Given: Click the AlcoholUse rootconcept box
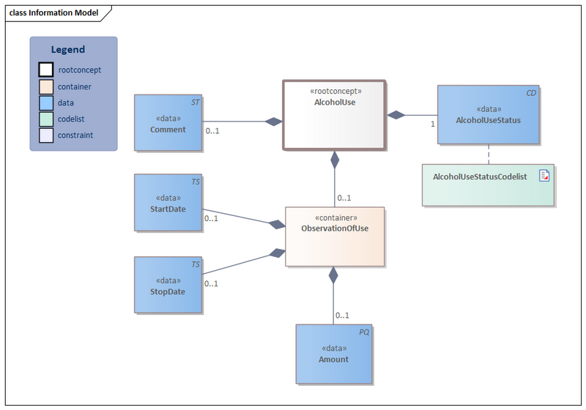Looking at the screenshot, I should (334, 114).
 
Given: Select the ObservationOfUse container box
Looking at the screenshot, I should (334, 236).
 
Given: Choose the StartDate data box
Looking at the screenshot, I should (167, 204).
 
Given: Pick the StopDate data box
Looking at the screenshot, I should (167, 286).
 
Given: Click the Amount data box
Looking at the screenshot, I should (333, 354).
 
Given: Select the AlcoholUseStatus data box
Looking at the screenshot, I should (488, 114).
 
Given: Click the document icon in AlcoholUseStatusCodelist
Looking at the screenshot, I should (544, 176).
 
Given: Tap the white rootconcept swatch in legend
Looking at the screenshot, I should (46, 70).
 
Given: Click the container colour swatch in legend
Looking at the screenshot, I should (46, 86).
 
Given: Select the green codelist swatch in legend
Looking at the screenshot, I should (46, 119).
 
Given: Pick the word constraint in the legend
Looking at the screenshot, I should (75, 135).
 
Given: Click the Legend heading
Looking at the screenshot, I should (67, 50).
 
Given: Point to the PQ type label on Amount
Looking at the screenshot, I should (364, 332).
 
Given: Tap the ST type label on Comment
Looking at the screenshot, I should (196, 102).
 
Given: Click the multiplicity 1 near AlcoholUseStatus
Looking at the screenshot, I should (432, 124).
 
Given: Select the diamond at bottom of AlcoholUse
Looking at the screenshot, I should (335, 158).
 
